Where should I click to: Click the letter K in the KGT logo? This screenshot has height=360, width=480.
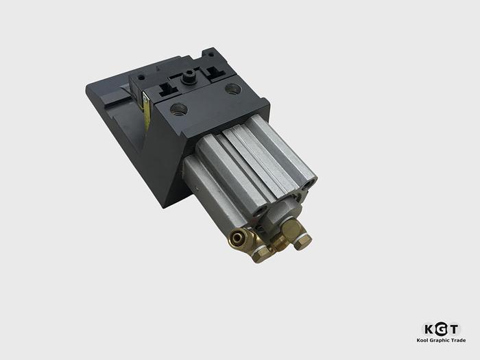(x=429, y=328)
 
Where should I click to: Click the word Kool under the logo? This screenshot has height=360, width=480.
(x=424, y=340)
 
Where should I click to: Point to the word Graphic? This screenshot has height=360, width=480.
(x=440, y=340)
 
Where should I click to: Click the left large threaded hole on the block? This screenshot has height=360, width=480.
(x=178, y=108)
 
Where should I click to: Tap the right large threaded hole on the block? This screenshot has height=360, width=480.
(x=233, y=88)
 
